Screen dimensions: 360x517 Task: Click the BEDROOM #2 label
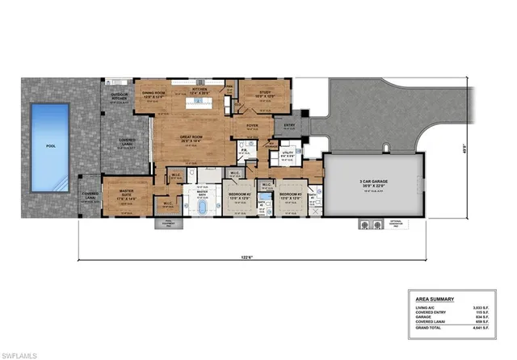(x=239, y=195)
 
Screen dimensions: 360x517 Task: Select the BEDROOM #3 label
(x=289, y=195)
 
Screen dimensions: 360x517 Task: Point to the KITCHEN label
(x=198, y=91)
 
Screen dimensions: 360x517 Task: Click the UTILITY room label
(x=288, y=153)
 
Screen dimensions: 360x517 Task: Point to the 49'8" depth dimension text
(x=488, y=147)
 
